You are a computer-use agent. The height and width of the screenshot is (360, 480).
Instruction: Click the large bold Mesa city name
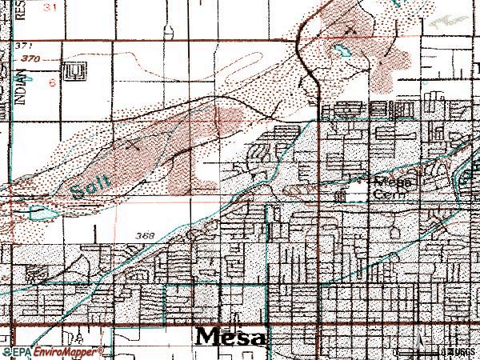pos(231,336)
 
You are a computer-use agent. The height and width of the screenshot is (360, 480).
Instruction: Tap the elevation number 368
pos(144,234)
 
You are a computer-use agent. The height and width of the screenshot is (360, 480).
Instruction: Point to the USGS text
pos(459,351)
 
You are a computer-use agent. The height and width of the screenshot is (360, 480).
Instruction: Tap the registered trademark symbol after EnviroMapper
pos(101,350)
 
